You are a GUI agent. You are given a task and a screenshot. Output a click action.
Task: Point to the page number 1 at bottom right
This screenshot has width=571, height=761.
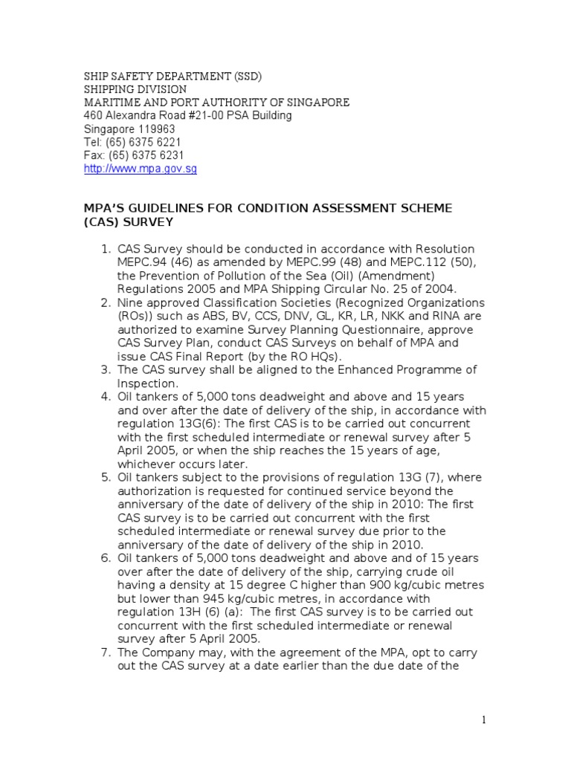tap(483, 719)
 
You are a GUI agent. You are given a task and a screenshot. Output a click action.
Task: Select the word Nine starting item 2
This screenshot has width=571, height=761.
tap(131, 303)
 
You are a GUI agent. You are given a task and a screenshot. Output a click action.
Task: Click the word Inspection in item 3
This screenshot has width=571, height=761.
tap(149, 383)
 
